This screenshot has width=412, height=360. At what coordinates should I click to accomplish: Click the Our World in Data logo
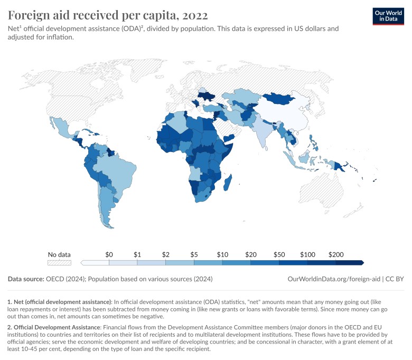point(384,16)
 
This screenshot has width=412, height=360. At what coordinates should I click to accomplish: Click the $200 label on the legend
point(336,254)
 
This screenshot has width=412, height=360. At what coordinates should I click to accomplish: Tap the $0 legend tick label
point(109,254)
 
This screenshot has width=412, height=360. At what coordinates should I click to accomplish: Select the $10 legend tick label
point(222,254)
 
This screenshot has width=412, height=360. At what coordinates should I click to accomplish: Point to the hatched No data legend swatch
point(59,262)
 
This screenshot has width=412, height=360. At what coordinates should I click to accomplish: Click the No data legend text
point(59,254)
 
